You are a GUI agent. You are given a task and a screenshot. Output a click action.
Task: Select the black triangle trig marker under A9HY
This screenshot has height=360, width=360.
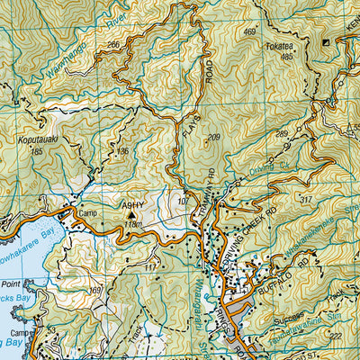[x=134, y=215]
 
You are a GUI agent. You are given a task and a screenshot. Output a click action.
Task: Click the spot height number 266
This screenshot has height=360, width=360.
[x=112, y=44]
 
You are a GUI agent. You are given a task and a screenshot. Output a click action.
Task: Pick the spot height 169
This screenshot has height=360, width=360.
[x=96, y=290]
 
